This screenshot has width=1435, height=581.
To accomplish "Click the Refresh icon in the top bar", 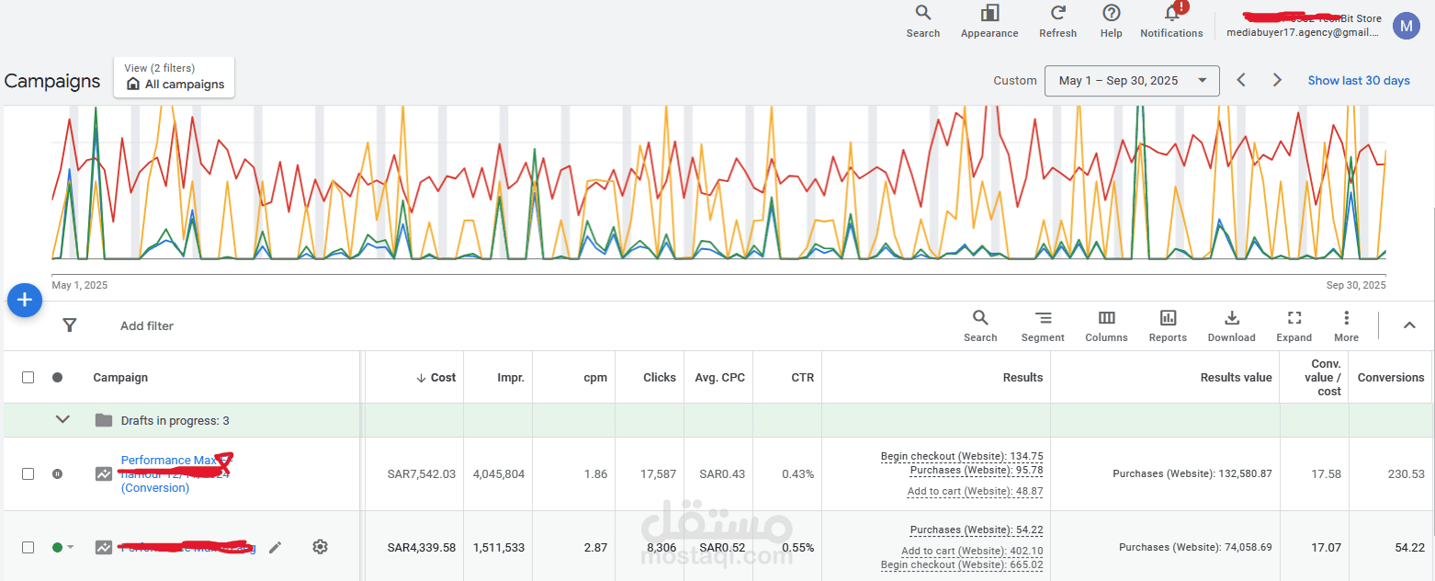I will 1057,13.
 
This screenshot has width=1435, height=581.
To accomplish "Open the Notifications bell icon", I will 1171,13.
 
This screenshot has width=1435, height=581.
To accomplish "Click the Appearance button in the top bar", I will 989,13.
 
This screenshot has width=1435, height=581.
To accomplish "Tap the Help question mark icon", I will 1111,13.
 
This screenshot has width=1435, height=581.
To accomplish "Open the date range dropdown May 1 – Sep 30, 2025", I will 1132,81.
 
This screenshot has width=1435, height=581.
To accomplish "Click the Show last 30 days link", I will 1358,81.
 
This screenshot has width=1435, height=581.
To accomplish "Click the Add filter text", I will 147,325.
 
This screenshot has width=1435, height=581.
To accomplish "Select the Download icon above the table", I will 1231,318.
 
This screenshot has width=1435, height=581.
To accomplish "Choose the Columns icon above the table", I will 1106,318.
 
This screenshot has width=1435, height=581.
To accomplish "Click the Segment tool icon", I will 1043,318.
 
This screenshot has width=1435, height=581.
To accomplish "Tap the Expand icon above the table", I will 1294,318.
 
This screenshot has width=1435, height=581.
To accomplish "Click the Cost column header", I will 437,377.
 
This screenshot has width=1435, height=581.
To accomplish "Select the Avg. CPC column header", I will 720,377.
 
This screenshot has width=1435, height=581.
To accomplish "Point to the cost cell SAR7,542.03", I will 422,474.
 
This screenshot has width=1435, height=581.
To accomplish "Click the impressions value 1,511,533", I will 499,548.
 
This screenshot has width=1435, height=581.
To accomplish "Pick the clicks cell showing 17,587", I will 658,474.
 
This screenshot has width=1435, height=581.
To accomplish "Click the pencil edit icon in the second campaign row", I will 276,547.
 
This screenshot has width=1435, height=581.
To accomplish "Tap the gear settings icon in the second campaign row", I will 320,547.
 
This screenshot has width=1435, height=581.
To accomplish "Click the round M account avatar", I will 1406,26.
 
